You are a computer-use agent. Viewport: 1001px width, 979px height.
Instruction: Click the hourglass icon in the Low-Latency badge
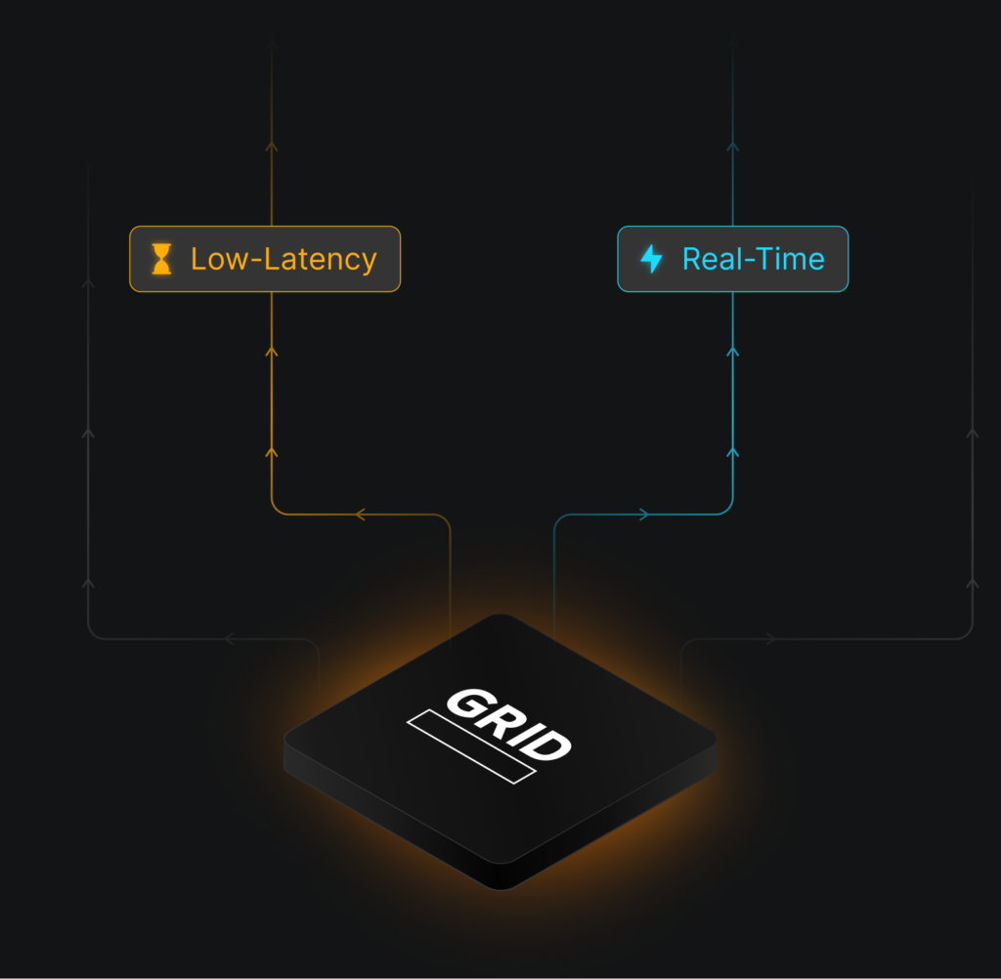coord(161,259)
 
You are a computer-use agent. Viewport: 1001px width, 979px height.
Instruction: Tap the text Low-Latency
coord(283,259)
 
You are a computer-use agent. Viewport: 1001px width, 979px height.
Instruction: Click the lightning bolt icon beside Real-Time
coord(651,259)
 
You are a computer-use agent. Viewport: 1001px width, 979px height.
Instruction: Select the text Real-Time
coord(753,259)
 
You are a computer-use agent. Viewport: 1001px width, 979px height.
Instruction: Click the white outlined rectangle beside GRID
coord(471,746)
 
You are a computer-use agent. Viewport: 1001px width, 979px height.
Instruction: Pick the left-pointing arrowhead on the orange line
coord(360,514)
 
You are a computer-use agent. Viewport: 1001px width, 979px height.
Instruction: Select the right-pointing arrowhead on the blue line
coord(643,514)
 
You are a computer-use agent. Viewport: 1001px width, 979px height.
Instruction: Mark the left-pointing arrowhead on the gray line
coord(230,639)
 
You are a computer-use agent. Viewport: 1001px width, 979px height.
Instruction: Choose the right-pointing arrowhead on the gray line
coord(770,639)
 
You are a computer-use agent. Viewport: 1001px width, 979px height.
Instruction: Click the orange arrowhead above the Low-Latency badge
coord(272,147)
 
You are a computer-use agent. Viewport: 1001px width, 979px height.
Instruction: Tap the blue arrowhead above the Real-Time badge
coord(732,147)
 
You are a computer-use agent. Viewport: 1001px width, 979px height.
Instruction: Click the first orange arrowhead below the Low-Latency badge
coord(272,351)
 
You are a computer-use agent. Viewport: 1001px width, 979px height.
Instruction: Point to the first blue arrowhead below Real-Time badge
coord(732,351)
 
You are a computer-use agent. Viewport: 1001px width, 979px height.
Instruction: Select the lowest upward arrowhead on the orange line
coord(272,451)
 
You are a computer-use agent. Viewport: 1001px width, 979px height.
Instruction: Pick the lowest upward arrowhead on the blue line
coord(732,452)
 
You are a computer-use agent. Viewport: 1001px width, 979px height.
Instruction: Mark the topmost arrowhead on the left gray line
coord(88,283)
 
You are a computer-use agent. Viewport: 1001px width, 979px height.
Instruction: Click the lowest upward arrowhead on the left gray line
coord(88,583)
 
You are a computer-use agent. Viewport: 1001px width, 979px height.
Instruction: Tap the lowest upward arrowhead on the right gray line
coord(972,583)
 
